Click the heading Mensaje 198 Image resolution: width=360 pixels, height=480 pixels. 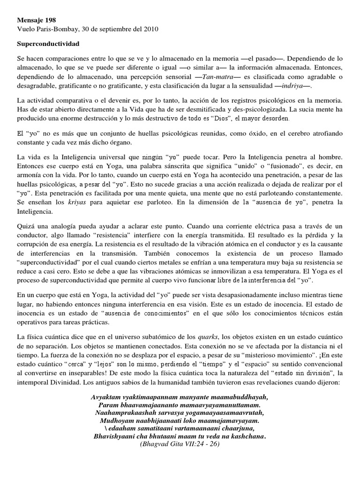pyautogui.click(x=36, y=21)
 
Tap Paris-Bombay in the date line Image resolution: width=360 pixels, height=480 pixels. pyautogui.click(x=54, y=29)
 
